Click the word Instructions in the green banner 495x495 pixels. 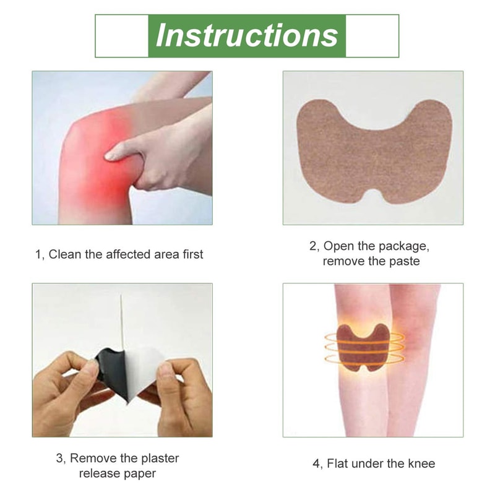coord(247,35)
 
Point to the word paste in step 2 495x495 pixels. coord(404,261)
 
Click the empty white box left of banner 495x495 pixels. coord(121,35)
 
